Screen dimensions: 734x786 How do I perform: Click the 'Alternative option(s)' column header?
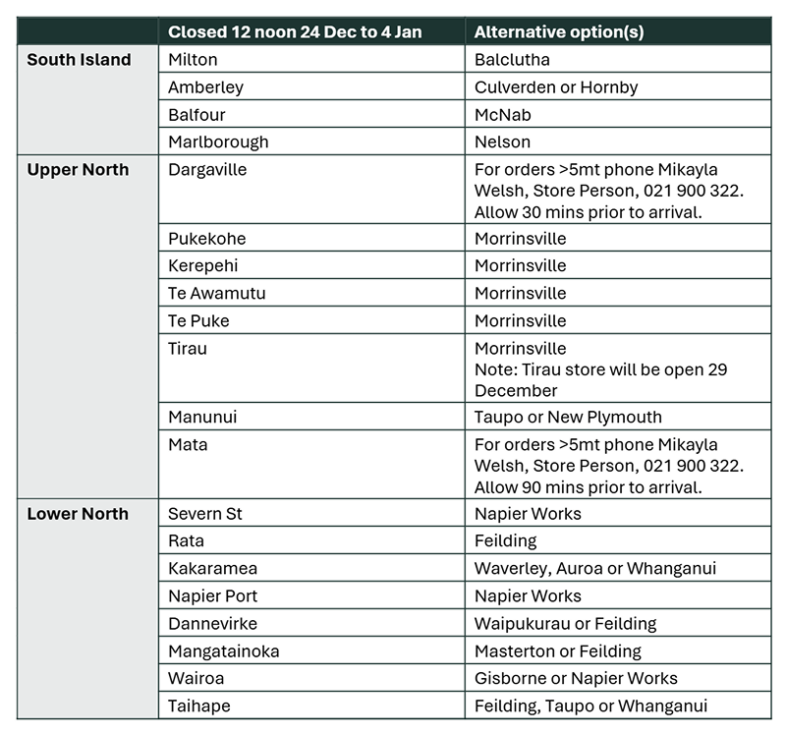[559, 31]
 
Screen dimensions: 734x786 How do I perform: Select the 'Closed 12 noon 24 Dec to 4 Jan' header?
[295, 31]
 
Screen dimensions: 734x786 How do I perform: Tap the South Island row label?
[79, 60]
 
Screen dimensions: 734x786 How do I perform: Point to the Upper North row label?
[78, 170]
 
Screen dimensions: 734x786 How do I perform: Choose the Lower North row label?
[78, 514]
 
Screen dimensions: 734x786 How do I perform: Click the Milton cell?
[193, 60]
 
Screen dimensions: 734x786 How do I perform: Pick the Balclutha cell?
[512, 60]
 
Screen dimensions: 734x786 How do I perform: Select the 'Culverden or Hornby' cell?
[556, 87]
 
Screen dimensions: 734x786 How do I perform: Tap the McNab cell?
[502, 115]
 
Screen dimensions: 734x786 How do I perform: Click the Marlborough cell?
[218, 142]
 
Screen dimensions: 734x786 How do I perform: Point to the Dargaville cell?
[207, 170]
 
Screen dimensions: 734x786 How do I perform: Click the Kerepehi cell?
[202, 266]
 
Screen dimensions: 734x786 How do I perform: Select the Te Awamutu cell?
[216, 294]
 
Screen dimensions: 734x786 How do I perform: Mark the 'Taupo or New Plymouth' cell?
[568, 418]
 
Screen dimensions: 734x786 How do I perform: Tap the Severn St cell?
[205, 514]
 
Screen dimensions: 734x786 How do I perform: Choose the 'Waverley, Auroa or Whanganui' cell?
[595, 569]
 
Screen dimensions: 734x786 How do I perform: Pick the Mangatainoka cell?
[224, 651]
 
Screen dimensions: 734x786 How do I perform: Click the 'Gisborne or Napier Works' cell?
[576, 679]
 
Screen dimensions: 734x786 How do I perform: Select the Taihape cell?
[199, 706]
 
